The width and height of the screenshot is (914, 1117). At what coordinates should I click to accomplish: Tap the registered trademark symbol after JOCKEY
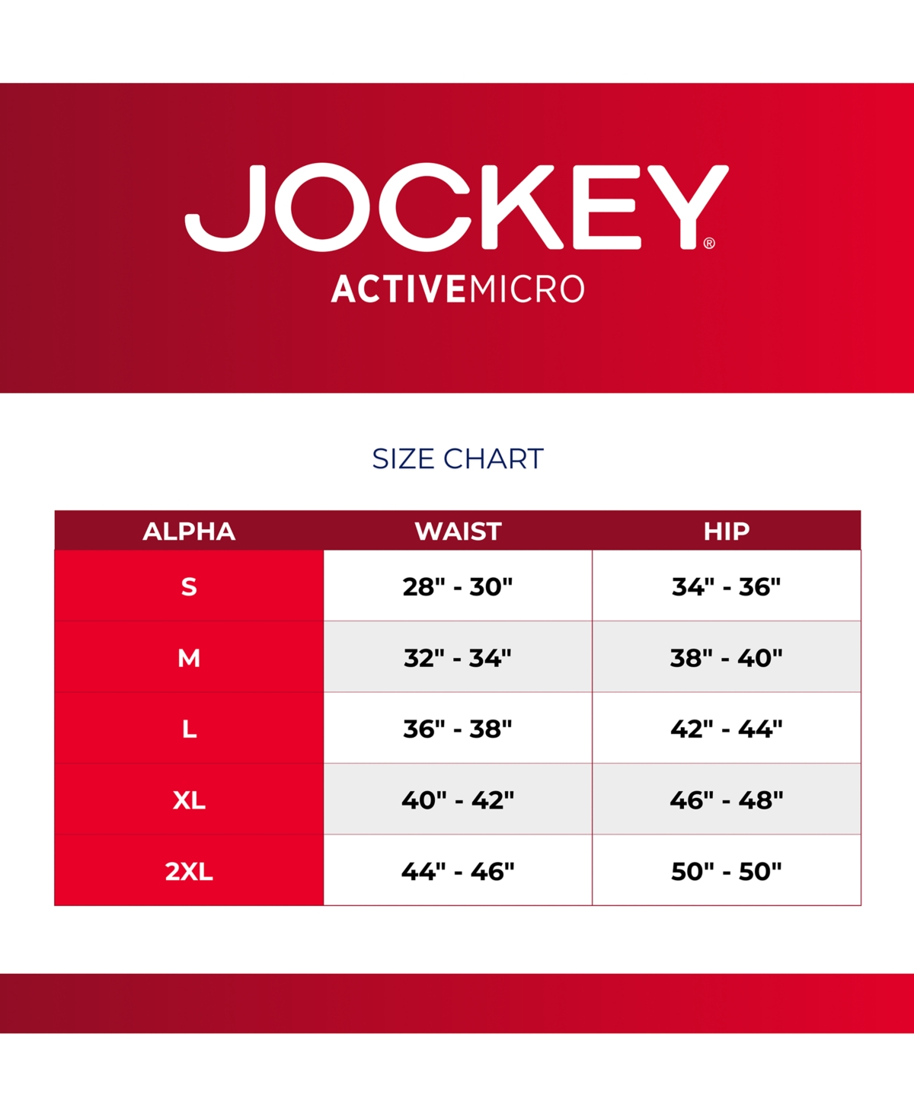click(709, 243)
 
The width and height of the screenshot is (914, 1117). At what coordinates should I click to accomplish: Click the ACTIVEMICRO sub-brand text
click(458, 289)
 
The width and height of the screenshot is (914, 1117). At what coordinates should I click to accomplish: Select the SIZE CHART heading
click(458, 458)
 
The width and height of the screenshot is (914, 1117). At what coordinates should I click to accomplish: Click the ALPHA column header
click(189, 531)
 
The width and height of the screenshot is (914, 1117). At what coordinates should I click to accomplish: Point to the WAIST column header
click(458, 531)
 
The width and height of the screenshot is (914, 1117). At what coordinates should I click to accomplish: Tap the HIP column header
click(727, 531)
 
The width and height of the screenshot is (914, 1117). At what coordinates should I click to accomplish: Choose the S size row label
click(189, 587)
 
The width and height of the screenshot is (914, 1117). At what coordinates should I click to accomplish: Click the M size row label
click(189, 659)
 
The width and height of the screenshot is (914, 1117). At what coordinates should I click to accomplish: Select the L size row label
click(189, 729)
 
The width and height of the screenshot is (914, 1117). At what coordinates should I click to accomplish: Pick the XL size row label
click(189, 800)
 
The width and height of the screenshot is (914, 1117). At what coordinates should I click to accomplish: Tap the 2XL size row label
click(189, 872)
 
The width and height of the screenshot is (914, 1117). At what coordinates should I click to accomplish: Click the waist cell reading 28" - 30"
click(458, 587)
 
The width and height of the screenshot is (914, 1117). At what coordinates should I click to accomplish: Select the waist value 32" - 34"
click(458, 659)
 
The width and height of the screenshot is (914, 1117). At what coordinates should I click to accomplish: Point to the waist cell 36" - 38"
click(458, 729)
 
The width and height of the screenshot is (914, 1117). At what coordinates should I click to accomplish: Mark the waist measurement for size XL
click(458, 800)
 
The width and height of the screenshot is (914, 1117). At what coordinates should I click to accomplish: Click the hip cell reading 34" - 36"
click(727, 587)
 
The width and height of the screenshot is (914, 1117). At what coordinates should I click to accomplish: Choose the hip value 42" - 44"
click(727, 729)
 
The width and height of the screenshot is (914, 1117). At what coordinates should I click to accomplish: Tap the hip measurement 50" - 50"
click(727, 872)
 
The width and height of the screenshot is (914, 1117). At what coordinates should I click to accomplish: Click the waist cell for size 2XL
click(458, 872)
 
